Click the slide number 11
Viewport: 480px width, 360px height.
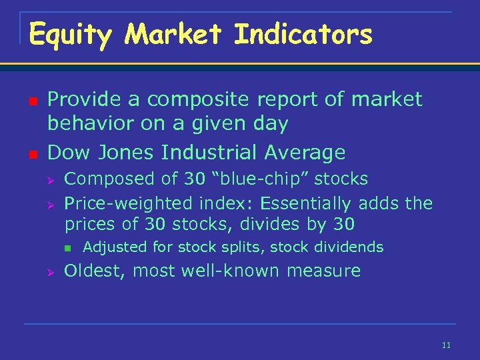(446, 345)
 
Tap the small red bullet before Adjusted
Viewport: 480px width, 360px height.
(67, 248)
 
